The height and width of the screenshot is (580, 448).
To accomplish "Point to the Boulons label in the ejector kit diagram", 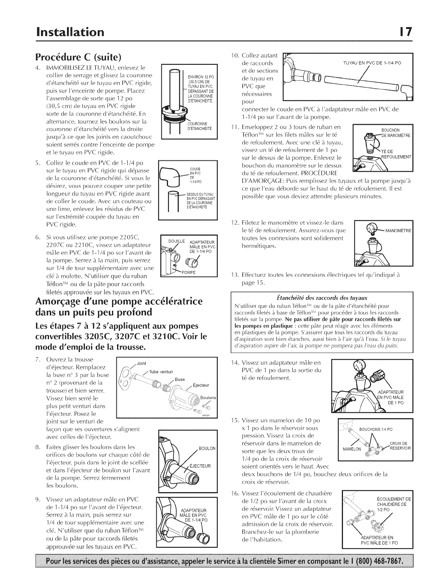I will coord(208,398).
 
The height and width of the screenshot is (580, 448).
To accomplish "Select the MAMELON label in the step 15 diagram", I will coord(352,449).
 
